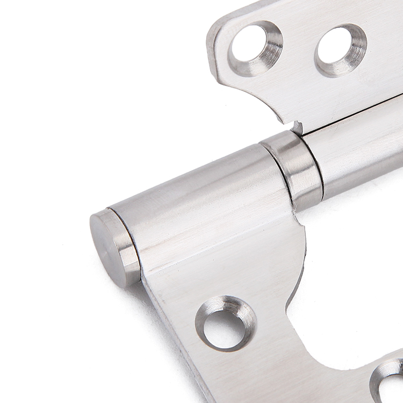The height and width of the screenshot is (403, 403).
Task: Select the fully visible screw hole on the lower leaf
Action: click(225, 323)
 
